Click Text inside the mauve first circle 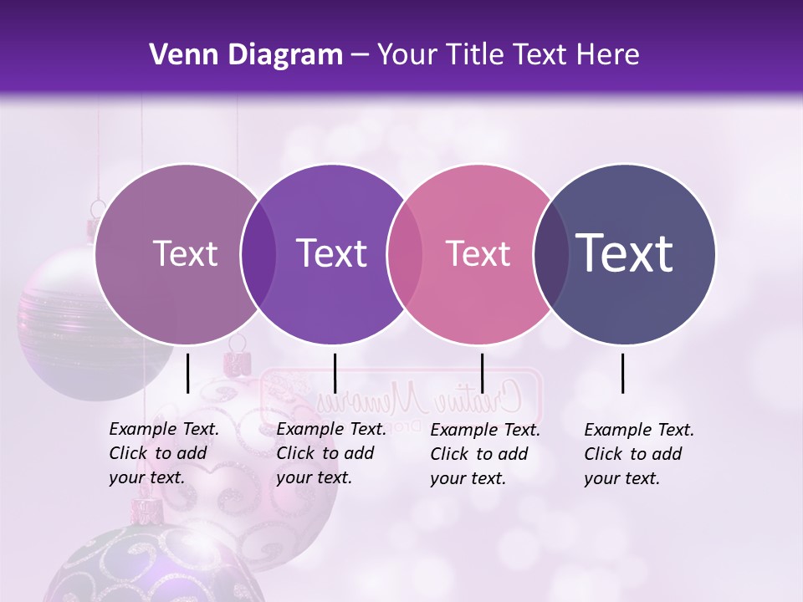pyautogui.click(x=185, y=253)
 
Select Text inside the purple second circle pyautogui.click(x=332, y=253)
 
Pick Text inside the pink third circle pyautogui.click(x=478, y=253)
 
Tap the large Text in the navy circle pyautogui.click(x=625, y=253)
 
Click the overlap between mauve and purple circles pyautogui.click(x=258, y=253)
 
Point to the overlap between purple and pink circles pyautogui.click(x=405, y=253)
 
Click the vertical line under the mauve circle pyautogui.click(x=187, y=373)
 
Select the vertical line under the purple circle pyautogui.click(x=335, y=373)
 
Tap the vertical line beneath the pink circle pyautogui.click(x=482, y=373)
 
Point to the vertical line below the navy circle pyautogui.click(x=622, y=373)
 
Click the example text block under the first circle pyautogui.click(x=163, y=453)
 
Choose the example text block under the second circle pyautogui.click(x=330, y=453)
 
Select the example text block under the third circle pyautogui.click(x=484, y=454)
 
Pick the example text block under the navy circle pyautogui.click(x=638, y=454)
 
